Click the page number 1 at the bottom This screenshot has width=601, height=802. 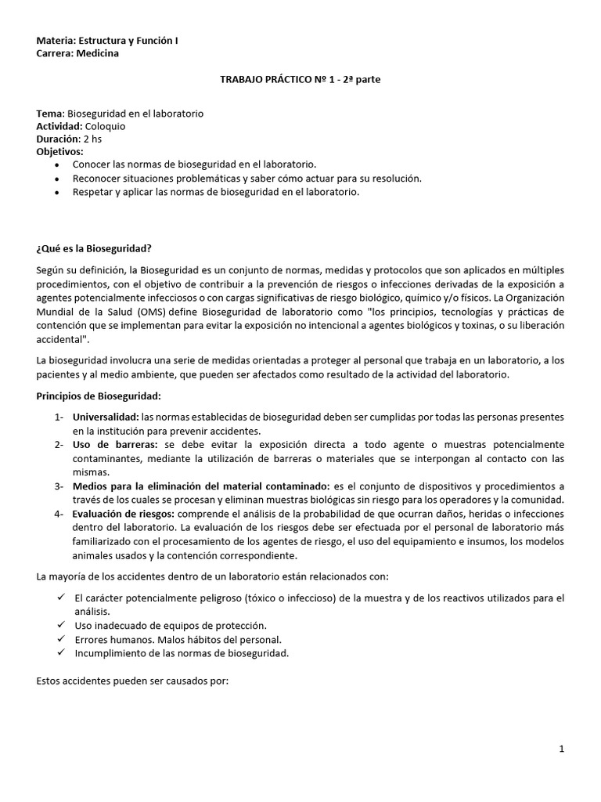pos(561,749)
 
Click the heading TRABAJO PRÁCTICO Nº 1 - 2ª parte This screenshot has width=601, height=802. pos(300,79)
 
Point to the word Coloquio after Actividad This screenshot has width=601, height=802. pos(99,126)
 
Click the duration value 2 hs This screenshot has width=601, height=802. pos(91,139)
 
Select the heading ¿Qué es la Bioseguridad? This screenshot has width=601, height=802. pos(94,248)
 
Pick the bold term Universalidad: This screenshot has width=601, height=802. pos(106,417)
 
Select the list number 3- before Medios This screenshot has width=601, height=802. pos(59,486)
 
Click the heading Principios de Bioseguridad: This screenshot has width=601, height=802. pos(98,396)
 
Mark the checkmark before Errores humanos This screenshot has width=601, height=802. pos(60,639)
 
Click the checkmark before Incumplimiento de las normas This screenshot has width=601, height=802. pos(60,652)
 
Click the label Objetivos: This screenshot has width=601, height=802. pos(59,151)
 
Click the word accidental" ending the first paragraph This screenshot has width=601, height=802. pos(62,339)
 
